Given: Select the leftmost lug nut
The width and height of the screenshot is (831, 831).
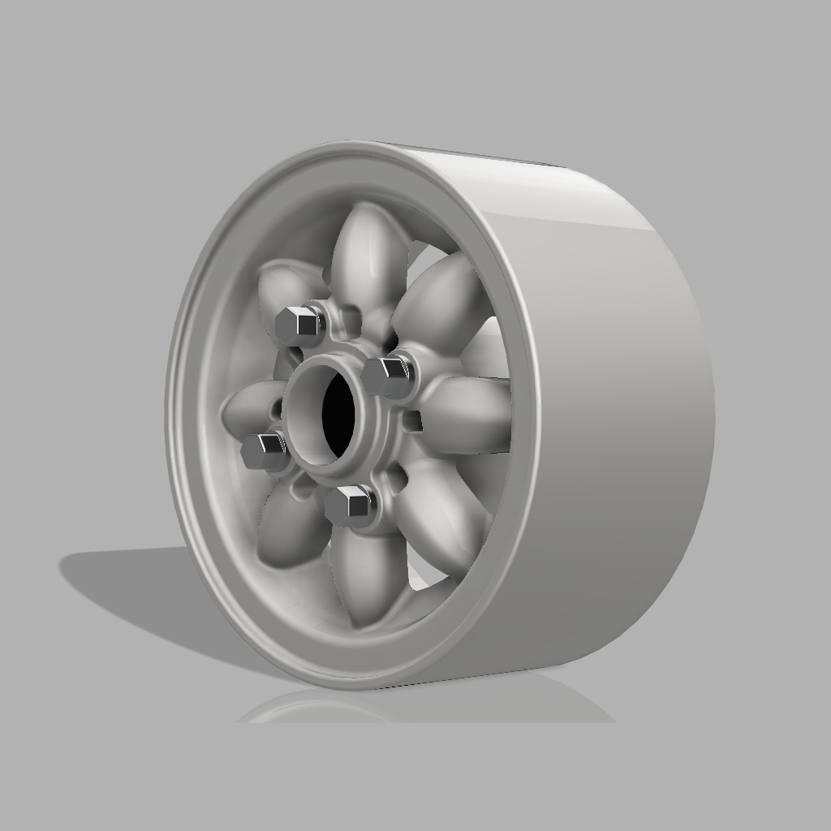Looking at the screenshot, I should click(264, 449).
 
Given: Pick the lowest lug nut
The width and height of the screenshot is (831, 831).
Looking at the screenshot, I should click(349, 505).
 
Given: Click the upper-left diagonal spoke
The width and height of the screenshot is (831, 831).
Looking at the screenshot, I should click(284, 288).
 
